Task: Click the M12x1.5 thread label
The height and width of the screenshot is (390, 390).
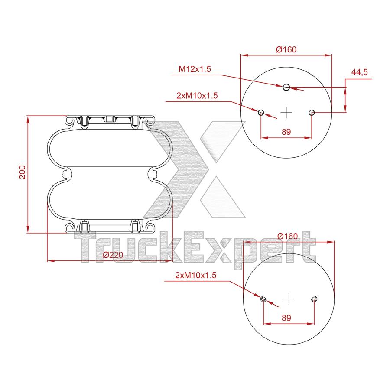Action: click(195, 69)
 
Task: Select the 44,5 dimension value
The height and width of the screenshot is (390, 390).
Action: click(359, 72)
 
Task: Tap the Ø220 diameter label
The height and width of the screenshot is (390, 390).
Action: click(113, 255)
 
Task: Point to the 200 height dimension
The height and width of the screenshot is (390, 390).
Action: click(23, 172)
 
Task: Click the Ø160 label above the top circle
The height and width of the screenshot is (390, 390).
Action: click(286, 49)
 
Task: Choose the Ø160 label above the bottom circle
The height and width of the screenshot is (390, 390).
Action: click(288, 236)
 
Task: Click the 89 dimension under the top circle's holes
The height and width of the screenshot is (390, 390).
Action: click(286, 132)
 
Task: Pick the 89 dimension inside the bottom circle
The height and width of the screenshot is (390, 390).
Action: click(286, 318)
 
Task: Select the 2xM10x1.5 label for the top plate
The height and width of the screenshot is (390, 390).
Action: click(197, 95)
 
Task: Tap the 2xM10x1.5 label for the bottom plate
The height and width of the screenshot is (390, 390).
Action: click(196, 275)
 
